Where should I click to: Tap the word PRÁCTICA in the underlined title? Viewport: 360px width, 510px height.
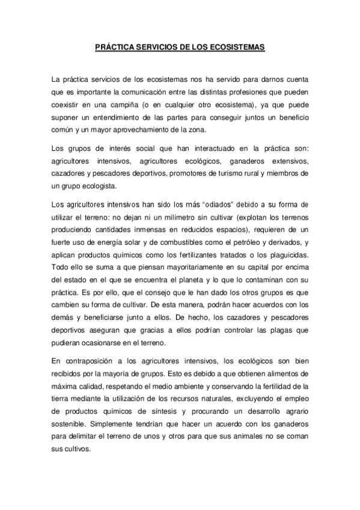click(x=116, y=46)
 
